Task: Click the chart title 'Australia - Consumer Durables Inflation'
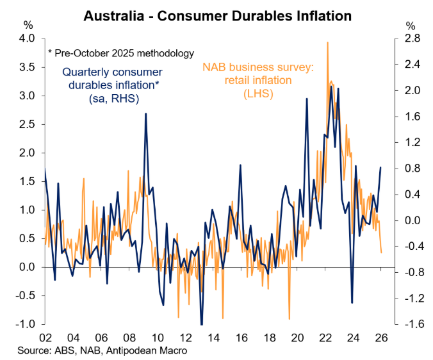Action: [x=217, y=13]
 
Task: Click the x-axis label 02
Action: [x=45, y=338]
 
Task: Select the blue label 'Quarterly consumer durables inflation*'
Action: [x=113, y=85]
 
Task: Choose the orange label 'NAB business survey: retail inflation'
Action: [x=256, y=80]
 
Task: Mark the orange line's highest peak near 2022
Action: [x=328, y=42]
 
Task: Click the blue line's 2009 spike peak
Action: [x=146, y=114]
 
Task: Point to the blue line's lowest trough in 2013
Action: [x=201, y=324]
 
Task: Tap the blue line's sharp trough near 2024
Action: [x=352, y=302]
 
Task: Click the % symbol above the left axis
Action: [x=29, y=26]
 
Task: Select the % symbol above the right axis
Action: [x=411, y=26]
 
